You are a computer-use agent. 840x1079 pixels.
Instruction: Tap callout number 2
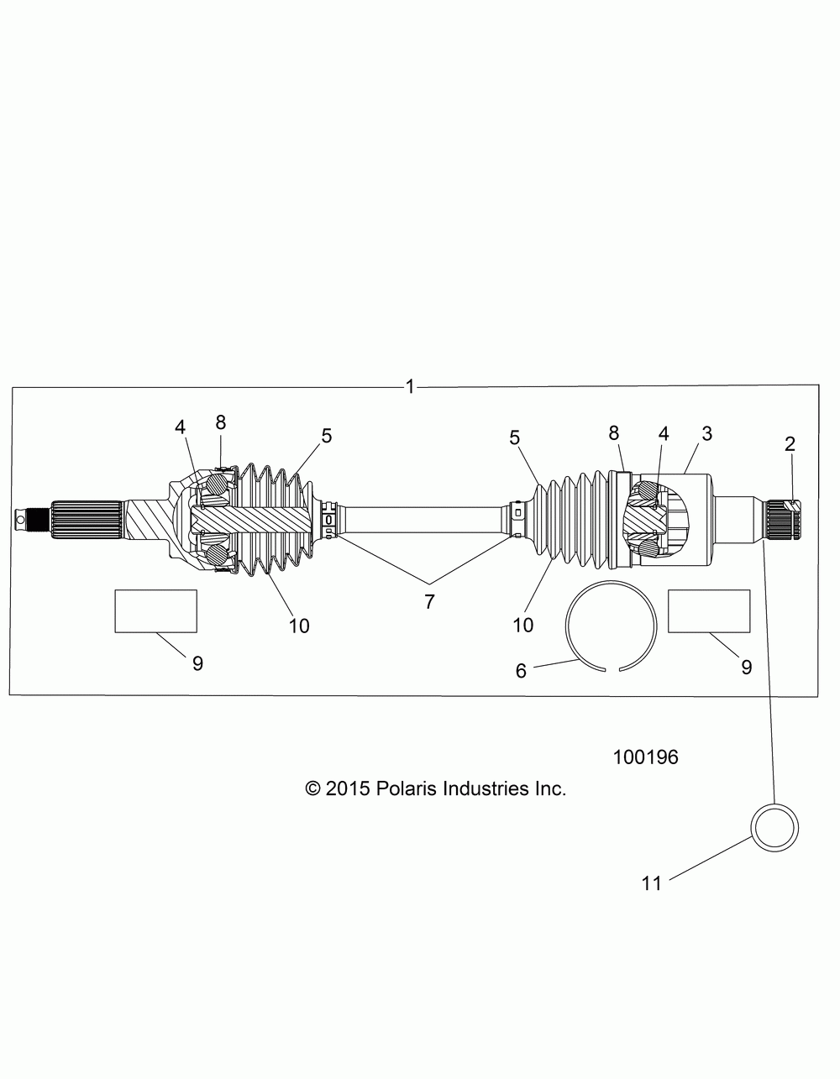click(x=790, y=444)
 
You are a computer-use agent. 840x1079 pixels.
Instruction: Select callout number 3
click(x=707, y=433)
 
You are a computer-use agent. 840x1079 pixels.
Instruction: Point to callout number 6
click(x=521, y=671)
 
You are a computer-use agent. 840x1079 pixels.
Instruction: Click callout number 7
click(x=429, y=602)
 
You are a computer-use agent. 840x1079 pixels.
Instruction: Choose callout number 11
click(x=652, y=883)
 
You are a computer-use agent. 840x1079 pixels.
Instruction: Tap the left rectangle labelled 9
click(x=156, y=611)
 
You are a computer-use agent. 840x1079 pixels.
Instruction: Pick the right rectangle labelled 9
click(x=709, y=611)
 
